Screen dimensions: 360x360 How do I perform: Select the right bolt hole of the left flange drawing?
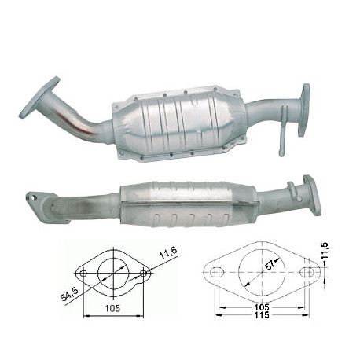[144, 274]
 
